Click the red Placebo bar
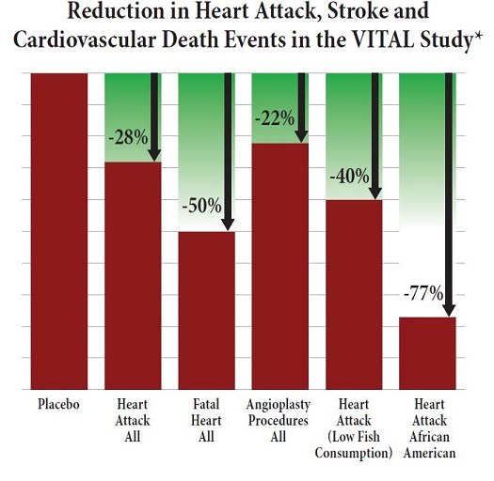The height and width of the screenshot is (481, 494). (x=59, y=231)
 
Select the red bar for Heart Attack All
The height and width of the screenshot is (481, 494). (x=133, y=276)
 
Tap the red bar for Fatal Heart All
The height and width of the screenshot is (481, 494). (x=206, y=311)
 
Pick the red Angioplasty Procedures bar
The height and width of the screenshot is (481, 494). (x=280, y=267)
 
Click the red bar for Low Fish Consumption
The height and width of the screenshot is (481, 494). (x=354, y=295)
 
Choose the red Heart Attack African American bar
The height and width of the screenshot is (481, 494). (x=427, y=353)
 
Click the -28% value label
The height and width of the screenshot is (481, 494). (x=128, y=137)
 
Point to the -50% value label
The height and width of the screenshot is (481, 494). (x=201, y=206)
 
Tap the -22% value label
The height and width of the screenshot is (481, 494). (x=275, y=118)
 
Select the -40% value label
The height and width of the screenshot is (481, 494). (x=349, y=176)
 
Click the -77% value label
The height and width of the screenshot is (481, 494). (x=423, y=293)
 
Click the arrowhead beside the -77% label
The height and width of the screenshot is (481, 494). (x=449, y=310)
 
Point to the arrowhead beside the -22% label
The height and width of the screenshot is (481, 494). (x=301, y=136)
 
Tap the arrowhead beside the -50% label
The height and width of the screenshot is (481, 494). (x=228, y=225)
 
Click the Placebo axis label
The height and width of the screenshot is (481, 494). (x=58, y=404)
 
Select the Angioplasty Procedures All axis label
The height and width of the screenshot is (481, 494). (x=279, y=421)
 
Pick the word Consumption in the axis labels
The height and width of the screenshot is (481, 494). (x=354, y=454)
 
